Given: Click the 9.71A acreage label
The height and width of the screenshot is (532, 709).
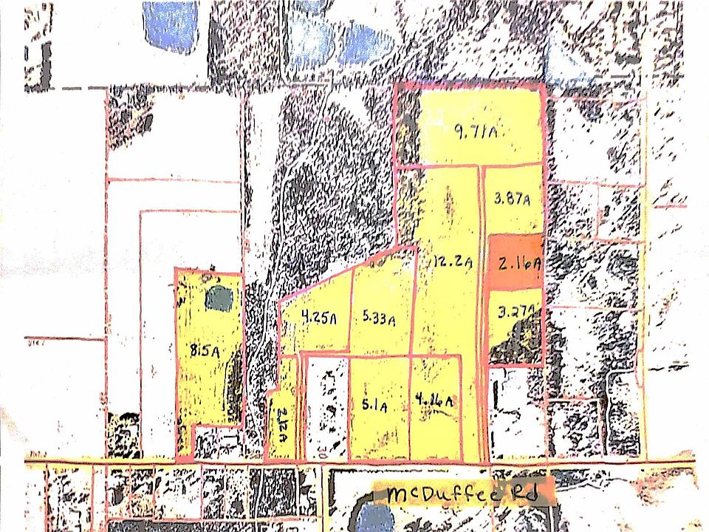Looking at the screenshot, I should [473, 133].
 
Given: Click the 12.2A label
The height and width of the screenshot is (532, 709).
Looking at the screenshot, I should [453, 260].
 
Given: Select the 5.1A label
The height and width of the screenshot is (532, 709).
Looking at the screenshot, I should [375, 405].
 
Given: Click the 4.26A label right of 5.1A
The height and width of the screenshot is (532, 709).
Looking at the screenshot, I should [434, 401].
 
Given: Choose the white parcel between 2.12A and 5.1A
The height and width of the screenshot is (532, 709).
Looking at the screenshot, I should [326, 406].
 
